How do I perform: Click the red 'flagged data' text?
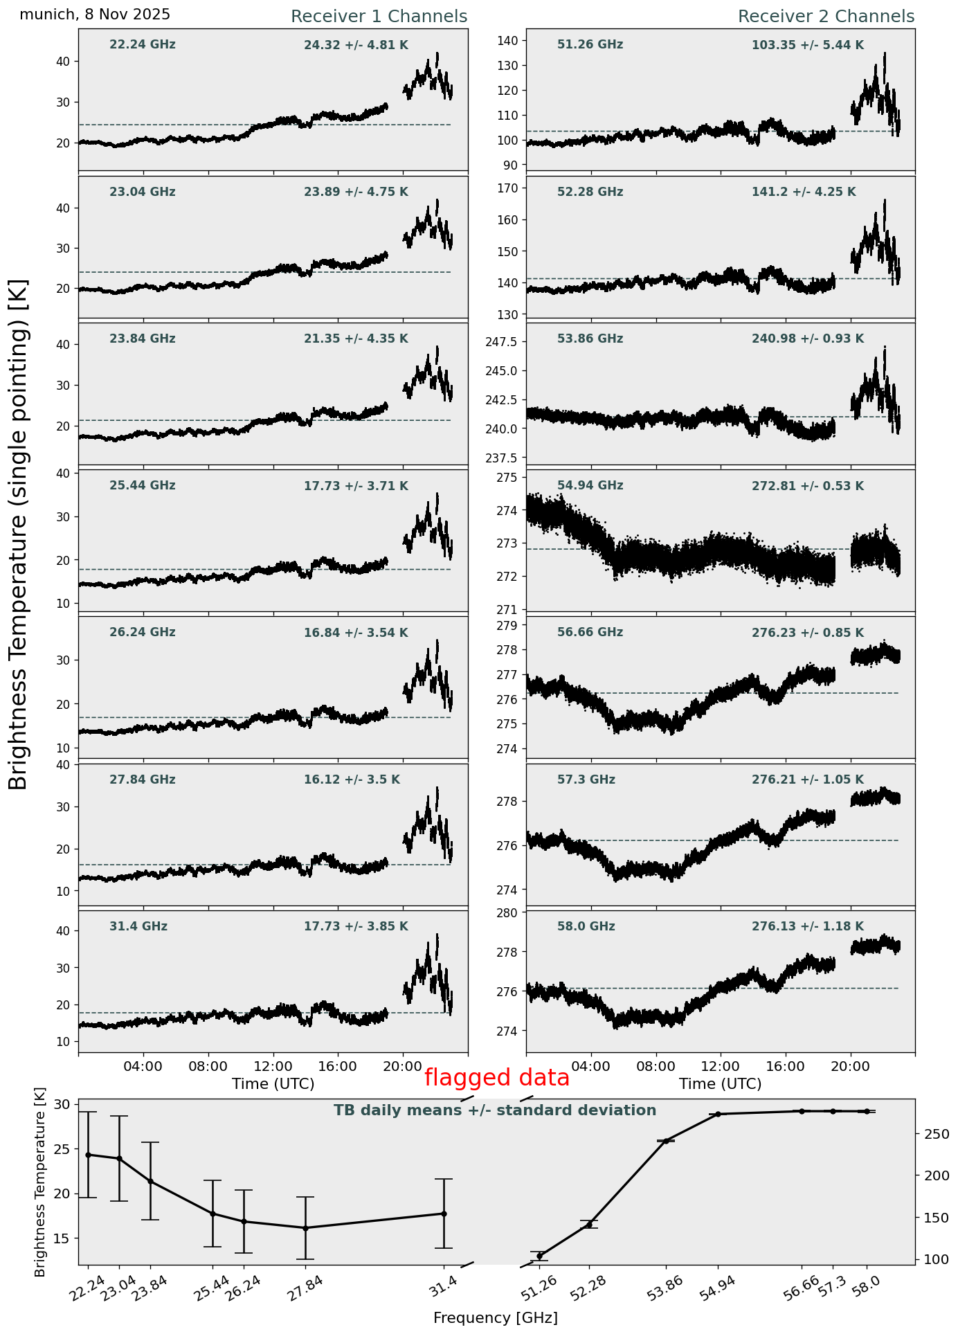tap(496, 1078)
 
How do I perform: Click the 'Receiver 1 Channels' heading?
tap(379, 17)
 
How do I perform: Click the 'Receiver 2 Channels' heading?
tap(826, 17)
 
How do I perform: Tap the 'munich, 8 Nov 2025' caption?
tap(95, 15)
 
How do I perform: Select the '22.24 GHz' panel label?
tap(143, 45)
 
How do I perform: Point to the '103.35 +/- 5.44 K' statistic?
tap(807, 46)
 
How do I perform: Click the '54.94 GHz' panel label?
tap(590, 486)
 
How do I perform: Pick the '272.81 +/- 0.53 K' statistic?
tap(807, 487)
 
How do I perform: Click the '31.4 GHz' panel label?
tap(138, 926)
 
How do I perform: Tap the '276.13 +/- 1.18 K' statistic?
tap(807, 926)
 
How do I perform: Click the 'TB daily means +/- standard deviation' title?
tap(495, 1110)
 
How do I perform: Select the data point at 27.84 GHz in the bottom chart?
tap(305, 1228)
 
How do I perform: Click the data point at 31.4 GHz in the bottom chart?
tap(444, 1214)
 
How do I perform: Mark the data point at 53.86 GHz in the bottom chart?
tap(666, 1141)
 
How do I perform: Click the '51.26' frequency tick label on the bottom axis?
tap(539, 1286)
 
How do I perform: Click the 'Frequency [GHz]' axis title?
tap(495, 1317)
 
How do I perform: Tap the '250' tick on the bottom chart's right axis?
tap(935, 1134)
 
